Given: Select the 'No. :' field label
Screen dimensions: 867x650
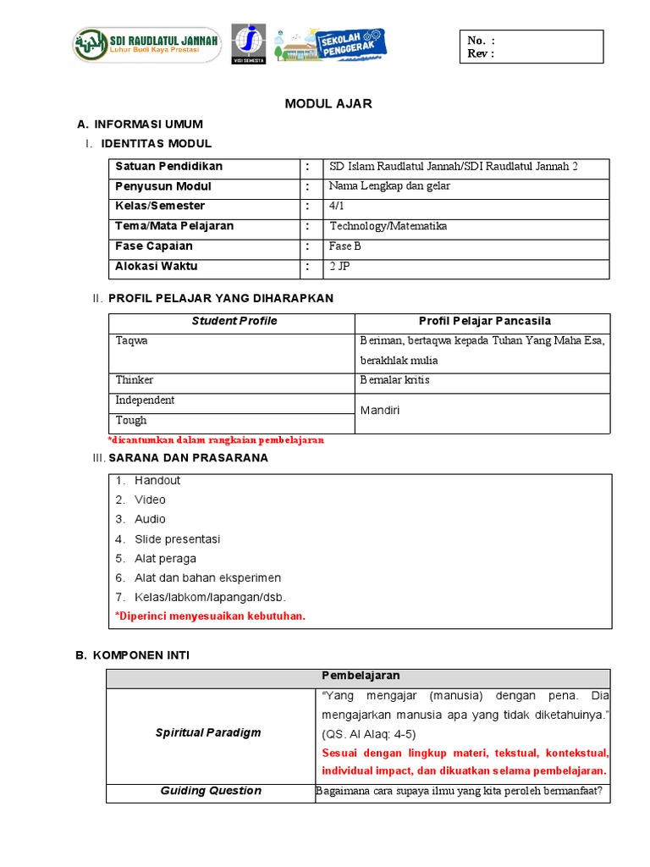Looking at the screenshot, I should pyautogui.click(x=481, y=41).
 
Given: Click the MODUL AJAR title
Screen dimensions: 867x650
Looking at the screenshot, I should pyautogui.click(x=328, y=104).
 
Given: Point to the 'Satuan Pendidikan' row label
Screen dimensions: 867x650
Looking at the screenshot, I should pyautogui.click(x=168, y=166).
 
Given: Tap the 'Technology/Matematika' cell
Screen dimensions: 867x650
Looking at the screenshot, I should pyautogui.click(x=388, y=226).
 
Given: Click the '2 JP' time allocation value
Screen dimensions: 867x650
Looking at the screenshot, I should pyautogui.click(x=339, y=266).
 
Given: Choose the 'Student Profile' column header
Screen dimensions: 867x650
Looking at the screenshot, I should pyautogui.click(x=234, y=321).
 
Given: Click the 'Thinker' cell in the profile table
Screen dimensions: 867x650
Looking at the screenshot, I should pyautogui.click(x=135, y=380).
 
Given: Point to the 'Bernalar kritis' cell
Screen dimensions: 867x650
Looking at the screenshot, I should pyautogui.click(x=394, y=380).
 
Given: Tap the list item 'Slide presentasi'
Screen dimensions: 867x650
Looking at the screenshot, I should pyautogui.click(x=177, y=539).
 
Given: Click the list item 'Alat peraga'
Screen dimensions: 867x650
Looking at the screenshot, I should pyautogui.click(x=165, y=559).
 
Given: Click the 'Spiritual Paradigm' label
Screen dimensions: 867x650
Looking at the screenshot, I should pyautogui.click(x=208, y=732).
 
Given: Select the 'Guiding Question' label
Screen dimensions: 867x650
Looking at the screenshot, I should pyautogui.click(x=211, y=791).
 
